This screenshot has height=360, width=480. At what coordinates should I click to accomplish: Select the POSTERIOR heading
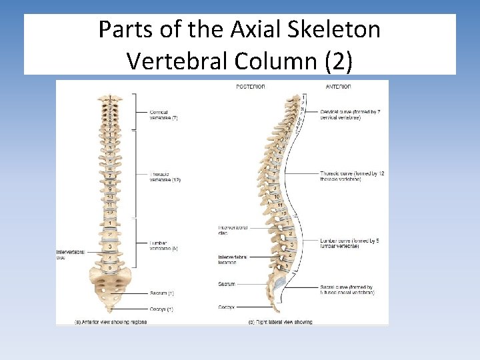(251, 87)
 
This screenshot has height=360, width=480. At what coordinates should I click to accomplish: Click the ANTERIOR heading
(339, 87)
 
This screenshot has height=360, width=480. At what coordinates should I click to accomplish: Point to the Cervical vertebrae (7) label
(163, 115)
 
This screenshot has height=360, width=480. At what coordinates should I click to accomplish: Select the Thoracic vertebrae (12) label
(165, 177)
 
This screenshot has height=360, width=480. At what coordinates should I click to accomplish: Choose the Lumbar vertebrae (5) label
(163, 245)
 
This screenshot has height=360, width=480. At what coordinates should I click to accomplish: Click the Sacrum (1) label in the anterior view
(162, 293)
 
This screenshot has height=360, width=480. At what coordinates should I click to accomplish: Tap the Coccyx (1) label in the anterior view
(162, 309)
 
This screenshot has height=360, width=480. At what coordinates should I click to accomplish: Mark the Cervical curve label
(349, 115)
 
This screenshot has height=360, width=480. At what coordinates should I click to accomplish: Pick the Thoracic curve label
(351, 177)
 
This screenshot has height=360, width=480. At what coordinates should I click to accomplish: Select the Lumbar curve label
(349, 243)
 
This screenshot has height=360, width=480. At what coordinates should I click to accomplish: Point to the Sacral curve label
(347, 290)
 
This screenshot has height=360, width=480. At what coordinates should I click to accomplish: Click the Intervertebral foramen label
(233, 259)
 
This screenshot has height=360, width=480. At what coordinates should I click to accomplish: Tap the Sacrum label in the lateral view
(226, 284)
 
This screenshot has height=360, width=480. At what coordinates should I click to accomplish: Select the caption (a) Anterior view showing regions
(111, 321)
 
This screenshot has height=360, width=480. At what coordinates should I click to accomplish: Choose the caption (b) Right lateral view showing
(280, 321)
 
